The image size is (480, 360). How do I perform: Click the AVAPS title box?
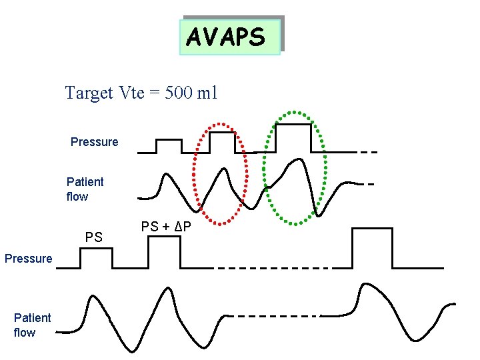point(230,37)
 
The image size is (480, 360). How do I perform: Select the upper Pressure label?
point(94,142)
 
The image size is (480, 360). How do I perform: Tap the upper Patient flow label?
point(85,189)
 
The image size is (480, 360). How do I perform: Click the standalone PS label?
point(94,237)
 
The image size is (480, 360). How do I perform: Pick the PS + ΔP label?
point(167,227)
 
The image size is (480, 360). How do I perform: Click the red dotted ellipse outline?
point(196,173)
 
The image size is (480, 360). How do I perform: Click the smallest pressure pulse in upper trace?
point(168,145)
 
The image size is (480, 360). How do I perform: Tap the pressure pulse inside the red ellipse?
point(223,141)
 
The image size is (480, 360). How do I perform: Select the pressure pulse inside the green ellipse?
point(293,137)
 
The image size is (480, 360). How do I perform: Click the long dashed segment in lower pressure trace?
point(273,268)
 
